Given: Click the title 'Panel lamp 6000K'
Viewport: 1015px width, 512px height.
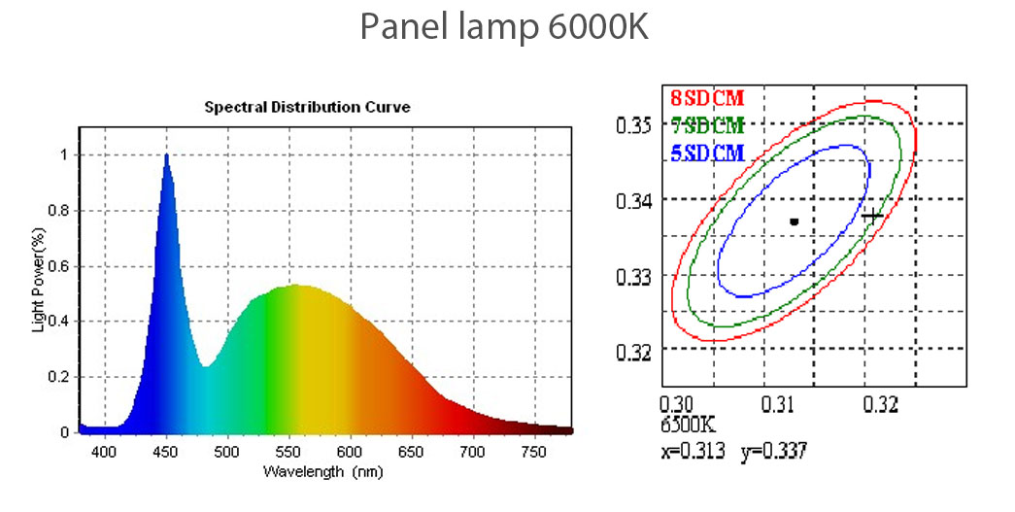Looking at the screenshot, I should point(503,27).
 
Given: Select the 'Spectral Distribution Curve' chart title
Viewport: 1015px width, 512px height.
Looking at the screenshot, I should point(307,107).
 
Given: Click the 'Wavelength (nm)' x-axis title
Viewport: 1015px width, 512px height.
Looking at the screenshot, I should point(322,471).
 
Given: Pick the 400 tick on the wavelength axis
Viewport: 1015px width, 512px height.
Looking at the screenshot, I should point(105,452).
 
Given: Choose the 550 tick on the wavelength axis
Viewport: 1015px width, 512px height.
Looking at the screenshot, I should point(288,452).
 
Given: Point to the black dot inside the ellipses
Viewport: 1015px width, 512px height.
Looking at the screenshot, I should point(794,222).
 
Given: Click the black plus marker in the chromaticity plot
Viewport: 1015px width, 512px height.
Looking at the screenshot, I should point(872,216).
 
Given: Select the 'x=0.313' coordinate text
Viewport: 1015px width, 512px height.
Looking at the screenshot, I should point(693,450).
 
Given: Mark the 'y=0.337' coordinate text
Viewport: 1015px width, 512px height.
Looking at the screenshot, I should point(774,450).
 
